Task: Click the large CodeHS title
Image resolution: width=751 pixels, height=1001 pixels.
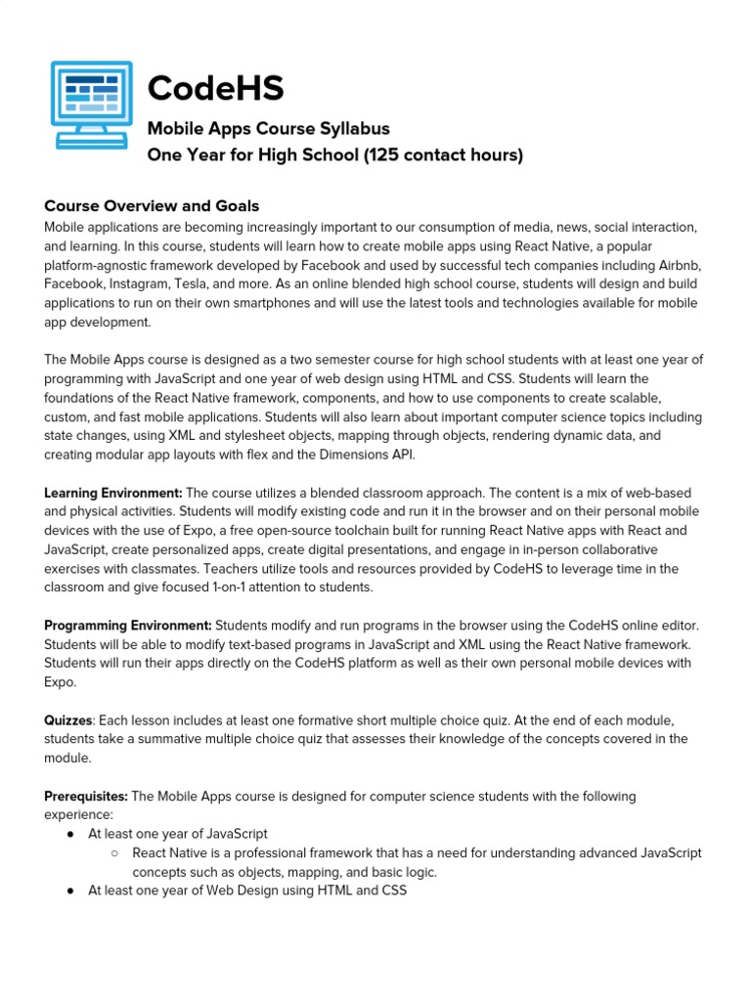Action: pyautogui.click(x=215, y=89)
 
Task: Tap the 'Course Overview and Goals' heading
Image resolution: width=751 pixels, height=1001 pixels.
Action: pyautogui.click(x=152, y=205)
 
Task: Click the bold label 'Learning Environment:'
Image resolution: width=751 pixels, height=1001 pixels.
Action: pyautogui.click(x=113, y=492)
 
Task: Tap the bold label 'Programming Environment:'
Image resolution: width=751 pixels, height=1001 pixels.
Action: pyautogui.click(x=128, y=625)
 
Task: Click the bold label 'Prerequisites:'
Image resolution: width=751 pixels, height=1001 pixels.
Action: pyautogui.click(x=86, y=796)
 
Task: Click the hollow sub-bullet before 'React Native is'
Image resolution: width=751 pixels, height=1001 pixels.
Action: pyautogui.click(x=114, y=853)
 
